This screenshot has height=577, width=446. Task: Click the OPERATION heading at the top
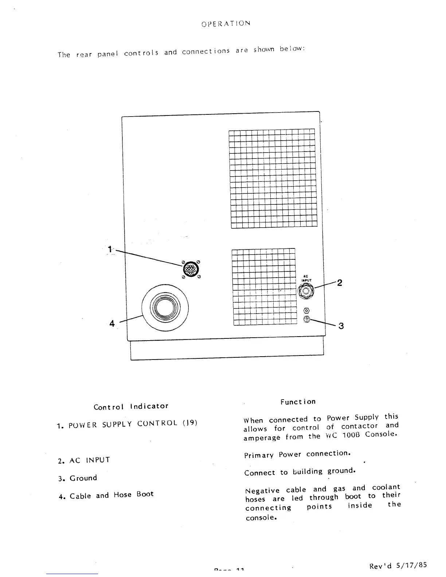coord(226,24)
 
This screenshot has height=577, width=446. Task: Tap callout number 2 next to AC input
coord(339,283)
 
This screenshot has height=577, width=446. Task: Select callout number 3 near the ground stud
coord(341,326)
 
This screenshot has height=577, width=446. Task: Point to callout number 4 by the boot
coord(112,323)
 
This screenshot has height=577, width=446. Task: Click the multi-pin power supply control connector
coord(191,269)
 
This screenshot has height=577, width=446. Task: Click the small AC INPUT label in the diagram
coord(306,279)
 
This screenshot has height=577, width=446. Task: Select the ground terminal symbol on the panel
coord(306,319)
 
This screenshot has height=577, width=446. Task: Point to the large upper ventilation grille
coord(273,178)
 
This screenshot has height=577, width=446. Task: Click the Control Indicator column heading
coord(131,406)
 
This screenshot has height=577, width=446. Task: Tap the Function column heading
coord(298,402)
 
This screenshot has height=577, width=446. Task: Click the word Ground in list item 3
coord(83,478)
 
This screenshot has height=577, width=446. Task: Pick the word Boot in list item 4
coord(145,494)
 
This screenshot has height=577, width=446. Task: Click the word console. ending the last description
coord(261,518)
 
